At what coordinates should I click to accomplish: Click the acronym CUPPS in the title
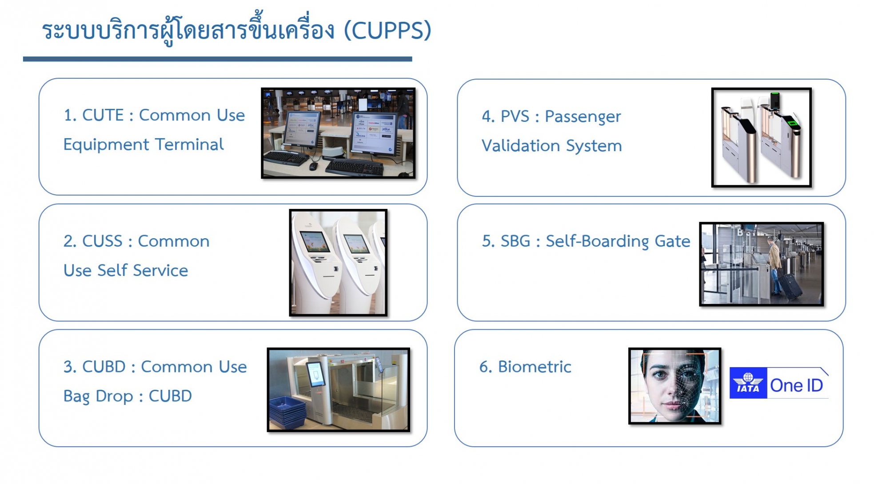(x=387, y=31)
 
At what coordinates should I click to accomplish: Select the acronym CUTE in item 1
(x=103, y=115)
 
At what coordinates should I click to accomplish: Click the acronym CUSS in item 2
(x=102, y=241)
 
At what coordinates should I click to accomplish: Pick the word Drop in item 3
(x=114, y=396)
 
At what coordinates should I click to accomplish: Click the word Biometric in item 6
(x=535, y=367)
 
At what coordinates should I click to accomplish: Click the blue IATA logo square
(x=748, y=383)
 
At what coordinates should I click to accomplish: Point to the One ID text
(x=796, y=385)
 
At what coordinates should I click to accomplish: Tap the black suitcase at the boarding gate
(x=789, y=286)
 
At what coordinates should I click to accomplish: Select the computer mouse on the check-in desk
(x=314, y=166)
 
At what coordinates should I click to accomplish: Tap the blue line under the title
(x=218, y=59)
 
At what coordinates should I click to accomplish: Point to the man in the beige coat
(x=775, y=265)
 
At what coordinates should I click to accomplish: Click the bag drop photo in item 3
(x=339, y=390)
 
